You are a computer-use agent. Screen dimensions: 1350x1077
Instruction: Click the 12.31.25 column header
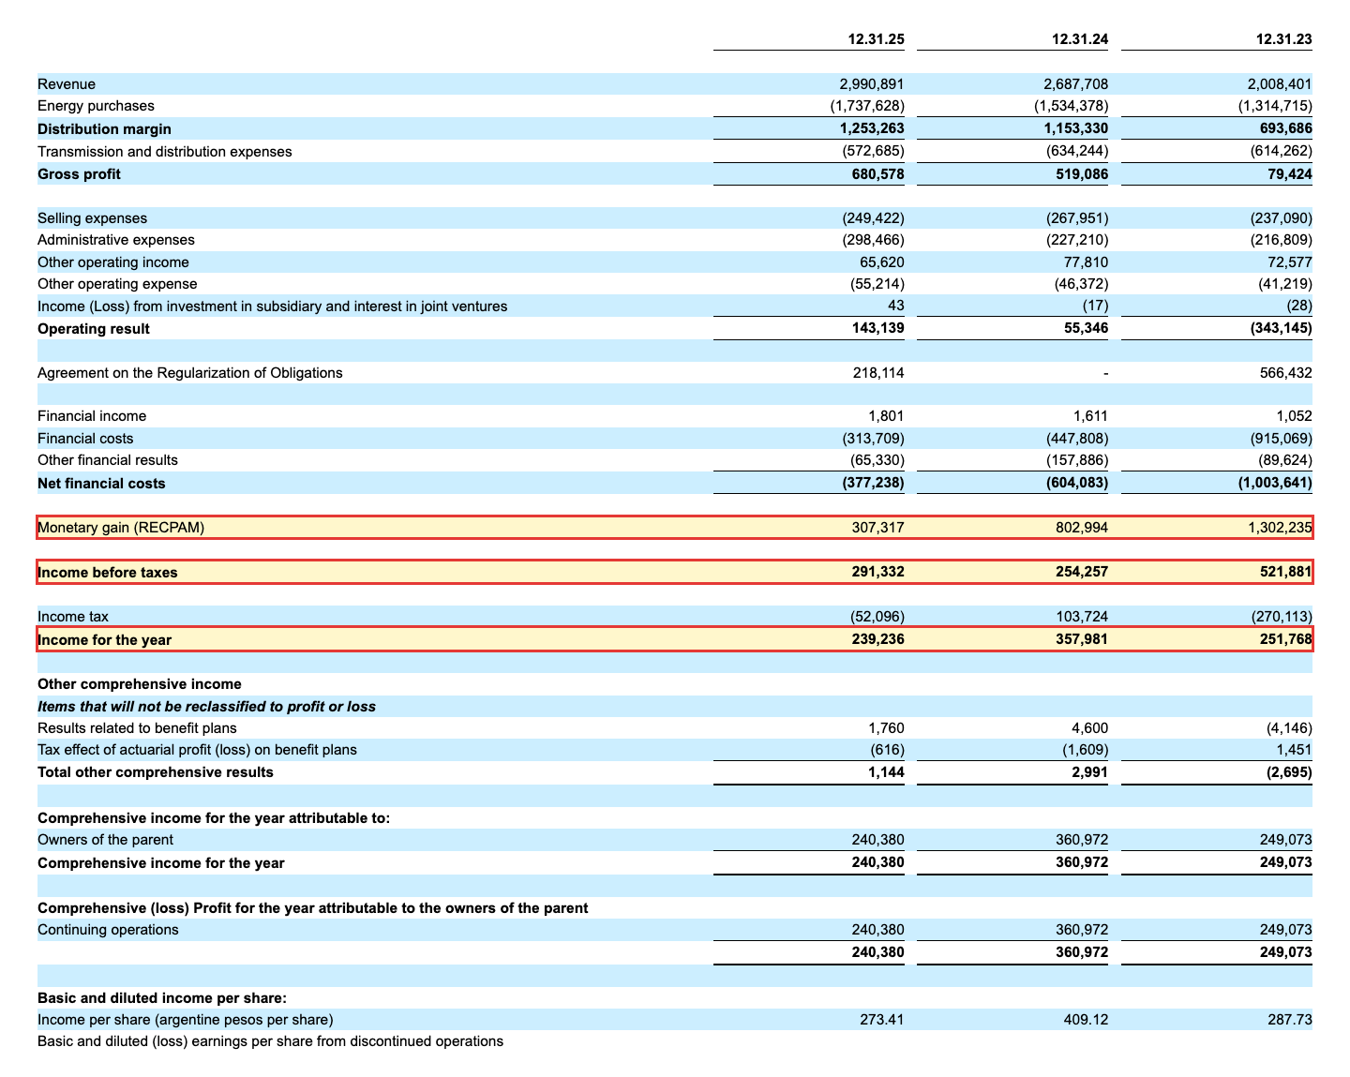tap(876, 38)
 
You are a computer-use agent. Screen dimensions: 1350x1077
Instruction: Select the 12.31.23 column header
tap(1283, 38)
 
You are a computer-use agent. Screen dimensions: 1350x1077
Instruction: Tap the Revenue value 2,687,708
tap(1075, 84)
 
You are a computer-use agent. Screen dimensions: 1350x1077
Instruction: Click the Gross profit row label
tap(79, 173)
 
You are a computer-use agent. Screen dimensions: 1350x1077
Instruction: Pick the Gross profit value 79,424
tap(1289, 173)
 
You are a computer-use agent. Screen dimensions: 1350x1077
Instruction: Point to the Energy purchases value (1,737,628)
tap(867, 105)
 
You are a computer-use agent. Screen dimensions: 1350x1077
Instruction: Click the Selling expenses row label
tap(92, 218)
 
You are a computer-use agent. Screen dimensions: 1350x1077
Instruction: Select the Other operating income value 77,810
tap(1086, 262)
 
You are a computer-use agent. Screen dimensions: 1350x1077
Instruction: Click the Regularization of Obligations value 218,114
tap(878, 372)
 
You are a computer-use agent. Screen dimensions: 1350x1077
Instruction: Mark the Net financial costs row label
tap(101, 483)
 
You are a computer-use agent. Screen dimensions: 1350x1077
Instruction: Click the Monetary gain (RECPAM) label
tap(121, 528)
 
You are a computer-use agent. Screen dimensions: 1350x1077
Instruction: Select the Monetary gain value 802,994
tap(1082, 528)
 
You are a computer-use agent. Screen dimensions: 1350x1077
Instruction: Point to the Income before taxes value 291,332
tap(877, 572)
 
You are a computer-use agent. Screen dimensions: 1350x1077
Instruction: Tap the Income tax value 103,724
tap(1082, 616)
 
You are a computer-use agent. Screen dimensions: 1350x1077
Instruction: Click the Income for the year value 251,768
tap(1285, 639)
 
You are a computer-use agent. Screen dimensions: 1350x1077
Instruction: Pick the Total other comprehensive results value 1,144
tap(886, 772)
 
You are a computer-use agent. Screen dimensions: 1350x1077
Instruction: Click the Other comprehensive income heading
tap(140, 683)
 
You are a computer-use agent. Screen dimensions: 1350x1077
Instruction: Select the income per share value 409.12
tap(1086, 1019)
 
